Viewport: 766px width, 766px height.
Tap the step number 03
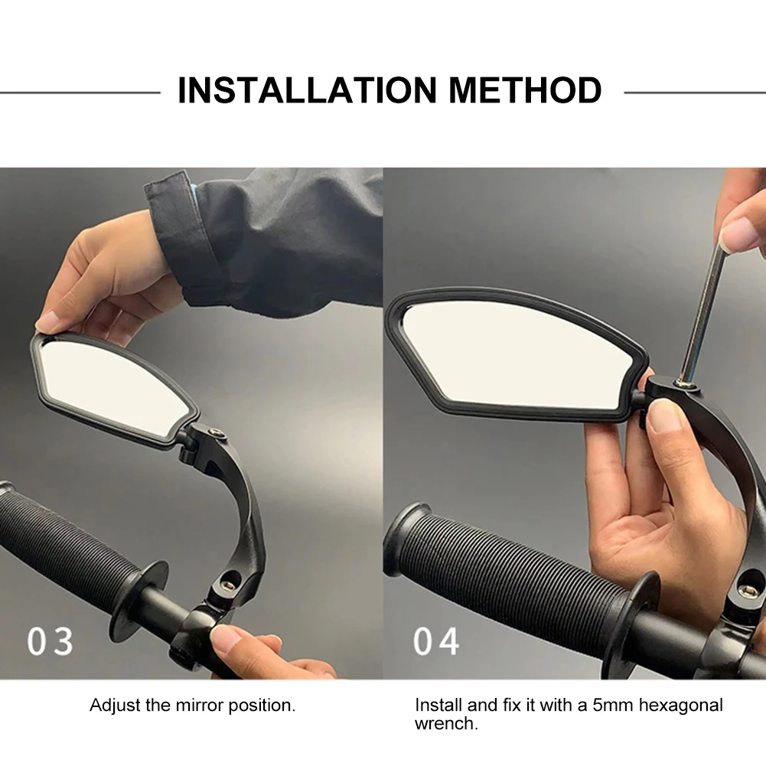pyautogui.click(x=51, y=641)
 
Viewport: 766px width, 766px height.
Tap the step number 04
pyautogui.click(x=436, y=641)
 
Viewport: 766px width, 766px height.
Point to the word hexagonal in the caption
pyautogui.click(x=681, y=706)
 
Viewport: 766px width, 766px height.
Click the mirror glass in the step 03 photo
pyautogui.click(x=113, y=386)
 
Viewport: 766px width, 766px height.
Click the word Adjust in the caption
pyautogui.click(x=116, y=706)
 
